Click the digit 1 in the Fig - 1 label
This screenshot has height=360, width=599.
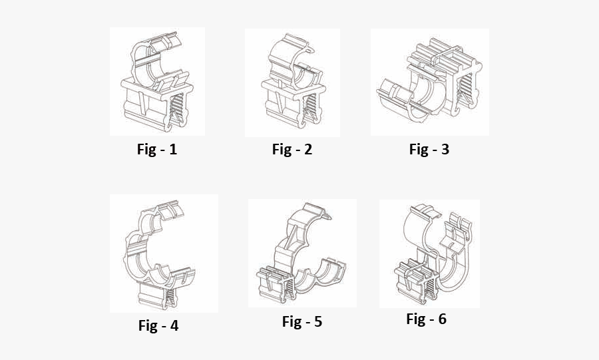point(173,150)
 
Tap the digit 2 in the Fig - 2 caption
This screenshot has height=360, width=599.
point(307,150)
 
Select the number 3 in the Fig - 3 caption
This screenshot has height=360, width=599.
point(445,150)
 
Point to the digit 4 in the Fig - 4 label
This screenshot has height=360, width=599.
point(174,326)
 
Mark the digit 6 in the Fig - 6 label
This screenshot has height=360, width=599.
point(442,319)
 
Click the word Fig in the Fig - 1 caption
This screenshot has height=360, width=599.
point(146,150)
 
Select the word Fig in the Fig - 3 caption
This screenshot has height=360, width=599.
point(418,150)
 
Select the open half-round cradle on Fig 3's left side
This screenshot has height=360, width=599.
point(403,100)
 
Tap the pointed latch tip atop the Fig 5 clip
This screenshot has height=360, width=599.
point(327,214)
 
